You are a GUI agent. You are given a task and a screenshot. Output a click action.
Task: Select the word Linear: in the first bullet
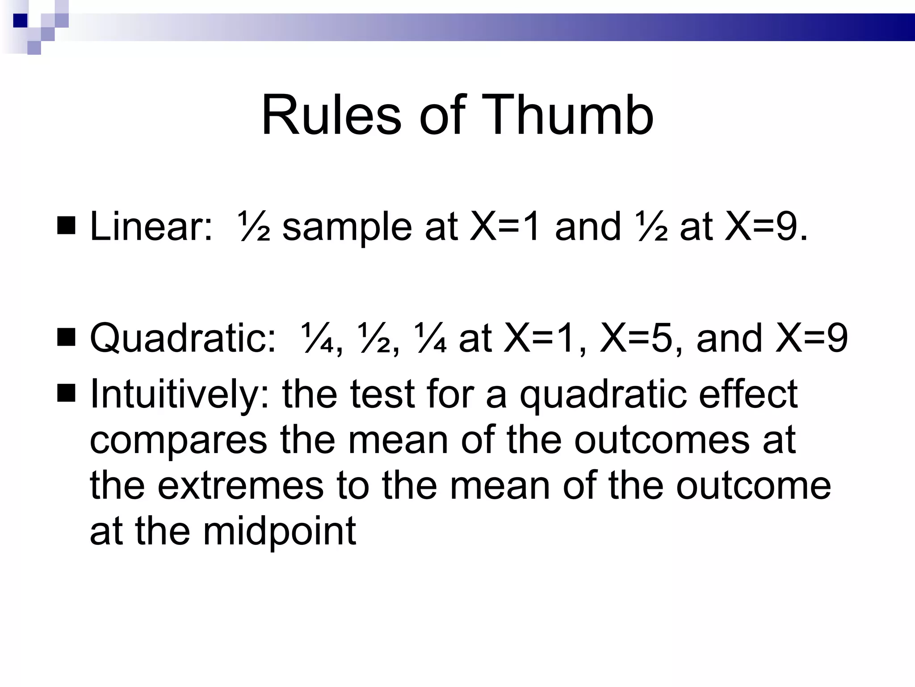pos(151,227)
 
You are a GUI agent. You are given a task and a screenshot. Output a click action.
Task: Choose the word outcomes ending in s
pos(661,440)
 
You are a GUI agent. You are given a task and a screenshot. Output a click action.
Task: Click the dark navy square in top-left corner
pos(21,21)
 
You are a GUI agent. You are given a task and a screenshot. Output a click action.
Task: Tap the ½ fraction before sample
pos(253,227)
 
